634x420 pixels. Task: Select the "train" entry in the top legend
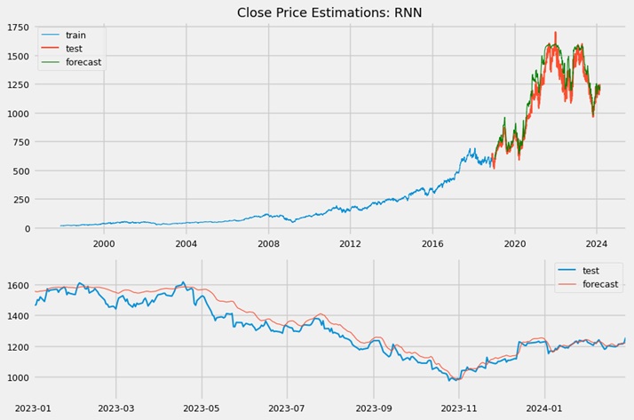coord(76,35)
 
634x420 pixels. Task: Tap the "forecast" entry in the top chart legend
coord(83,62)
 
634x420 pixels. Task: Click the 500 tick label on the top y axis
coord(21,171)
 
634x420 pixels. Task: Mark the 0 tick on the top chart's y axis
coord(27,228)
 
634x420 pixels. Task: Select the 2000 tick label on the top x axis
coord(104,243)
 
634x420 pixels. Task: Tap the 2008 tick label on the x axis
coord(268,243)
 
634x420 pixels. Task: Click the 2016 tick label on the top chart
coord(432,243)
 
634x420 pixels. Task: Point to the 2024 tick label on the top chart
coord(597,243)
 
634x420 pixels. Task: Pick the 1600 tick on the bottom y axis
coord(18,285)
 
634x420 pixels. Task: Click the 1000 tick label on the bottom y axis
coord(18,377)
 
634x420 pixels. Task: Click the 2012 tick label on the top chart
coord(351,243)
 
